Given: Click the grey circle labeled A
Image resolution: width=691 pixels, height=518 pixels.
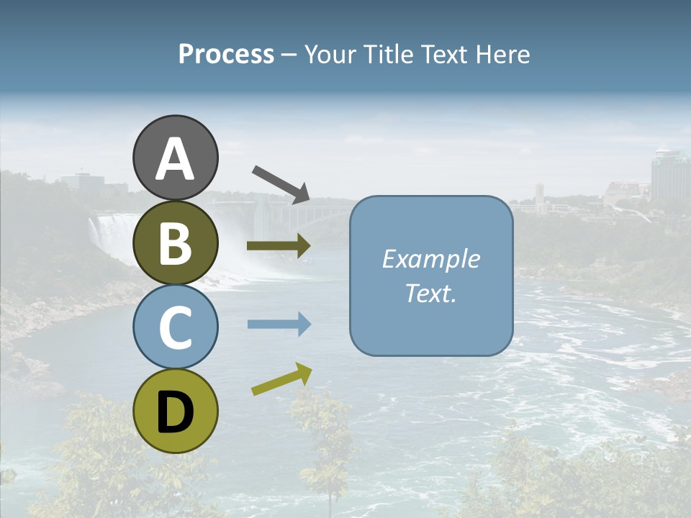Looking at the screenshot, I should (x=175, y=158).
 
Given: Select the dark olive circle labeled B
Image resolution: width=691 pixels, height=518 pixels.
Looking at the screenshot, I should (x=175, y=242).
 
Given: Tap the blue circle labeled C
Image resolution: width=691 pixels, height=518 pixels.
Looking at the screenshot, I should (x=175, y=327).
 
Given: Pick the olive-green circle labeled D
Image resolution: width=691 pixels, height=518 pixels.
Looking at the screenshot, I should (x=175, y=411).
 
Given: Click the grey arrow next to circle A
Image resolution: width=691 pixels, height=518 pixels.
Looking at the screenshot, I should (x=281, y=183).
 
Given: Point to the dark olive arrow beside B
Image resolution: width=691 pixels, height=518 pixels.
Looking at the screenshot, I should (x=279, y=246).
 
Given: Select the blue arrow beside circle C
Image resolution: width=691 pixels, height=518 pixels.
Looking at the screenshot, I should (x=279, y=324).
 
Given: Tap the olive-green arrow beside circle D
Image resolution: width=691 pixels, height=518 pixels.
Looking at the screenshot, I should (x=281, y=379).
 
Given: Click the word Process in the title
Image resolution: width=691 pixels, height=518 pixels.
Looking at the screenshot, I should (x=226, y=55).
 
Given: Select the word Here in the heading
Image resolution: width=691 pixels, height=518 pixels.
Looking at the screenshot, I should (x=504, y=55).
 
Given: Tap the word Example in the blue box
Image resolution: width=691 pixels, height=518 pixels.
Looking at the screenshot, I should (x=430, y=259).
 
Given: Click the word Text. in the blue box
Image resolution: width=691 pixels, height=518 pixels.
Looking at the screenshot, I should (x=430, y=294).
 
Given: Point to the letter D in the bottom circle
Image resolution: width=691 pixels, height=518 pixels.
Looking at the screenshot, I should (x=175, y=412).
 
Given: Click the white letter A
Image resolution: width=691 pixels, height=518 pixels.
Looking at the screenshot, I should (x=175, y=159).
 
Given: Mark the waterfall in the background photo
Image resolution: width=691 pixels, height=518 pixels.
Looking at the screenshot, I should (x=108, y=230).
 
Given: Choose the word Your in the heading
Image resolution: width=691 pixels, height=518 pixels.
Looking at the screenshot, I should (x=330, y=55).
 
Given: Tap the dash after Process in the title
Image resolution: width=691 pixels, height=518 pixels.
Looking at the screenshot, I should (x=289, y=55).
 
